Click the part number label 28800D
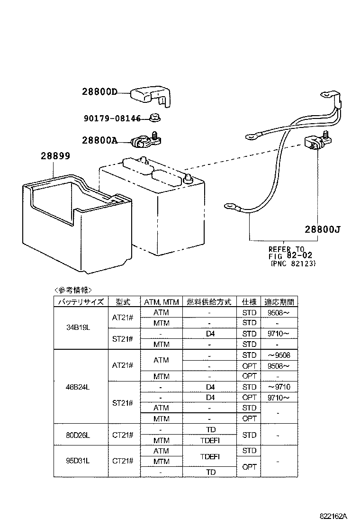click(99, 93)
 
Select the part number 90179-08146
click(112, 118)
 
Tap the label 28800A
click(99, 140)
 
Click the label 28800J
click(322, 230)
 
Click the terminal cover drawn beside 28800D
click(151, 95)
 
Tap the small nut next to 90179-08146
click(154, 117)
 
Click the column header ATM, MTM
click(161, 302)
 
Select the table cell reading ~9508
click(279, 355)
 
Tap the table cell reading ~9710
click(279, 387)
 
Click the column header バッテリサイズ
click(80, 302)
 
